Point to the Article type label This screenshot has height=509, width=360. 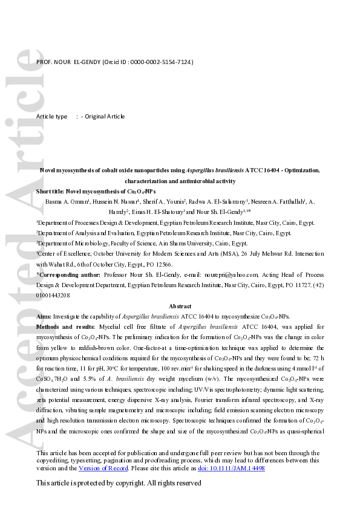52,116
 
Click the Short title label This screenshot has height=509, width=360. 53,190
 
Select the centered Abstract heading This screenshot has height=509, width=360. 180,306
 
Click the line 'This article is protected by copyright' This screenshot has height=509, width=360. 118,483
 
